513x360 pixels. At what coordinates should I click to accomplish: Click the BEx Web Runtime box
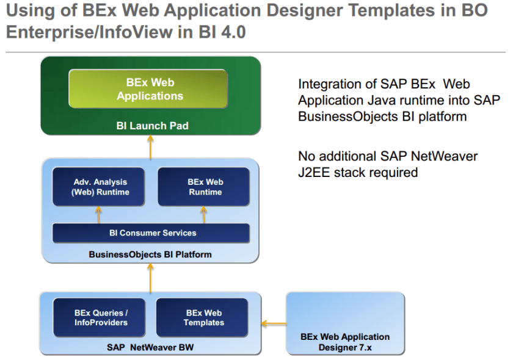pos(205,187)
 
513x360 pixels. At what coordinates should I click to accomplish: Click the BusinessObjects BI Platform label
pos(150,254)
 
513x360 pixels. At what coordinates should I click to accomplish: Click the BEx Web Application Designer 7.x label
pos(345,342)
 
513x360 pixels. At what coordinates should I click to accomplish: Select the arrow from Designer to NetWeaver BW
pos(273,323)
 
